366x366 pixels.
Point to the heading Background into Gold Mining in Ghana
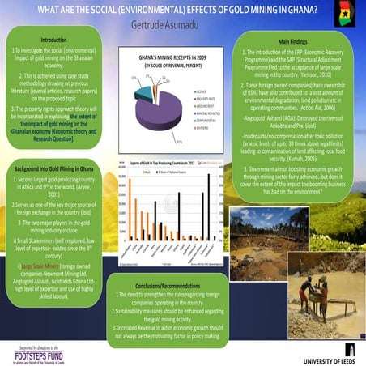pos(55,166)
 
